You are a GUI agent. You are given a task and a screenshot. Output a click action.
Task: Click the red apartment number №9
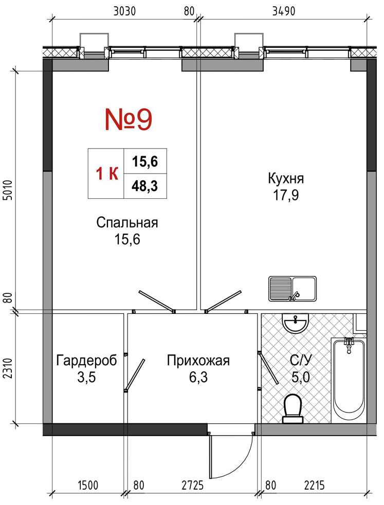point(128,119)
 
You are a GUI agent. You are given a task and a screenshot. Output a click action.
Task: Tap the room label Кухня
point(286,178)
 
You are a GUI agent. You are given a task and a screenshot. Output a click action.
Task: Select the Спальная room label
point(127,222)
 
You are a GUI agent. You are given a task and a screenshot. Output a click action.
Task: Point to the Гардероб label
point(87,361)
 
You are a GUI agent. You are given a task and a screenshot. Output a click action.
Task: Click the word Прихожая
point(198,361)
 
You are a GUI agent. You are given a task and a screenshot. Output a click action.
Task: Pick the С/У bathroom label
point(301,360)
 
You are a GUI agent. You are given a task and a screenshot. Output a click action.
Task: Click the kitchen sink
point(292,289)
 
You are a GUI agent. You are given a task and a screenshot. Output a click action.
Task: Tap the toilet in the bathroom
point(293,408)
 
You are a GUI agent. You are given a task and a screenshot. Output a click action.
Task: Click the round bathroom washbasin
point(295,323)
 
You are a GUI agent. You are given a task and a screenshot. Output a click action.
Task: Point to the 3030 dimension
point(125,11)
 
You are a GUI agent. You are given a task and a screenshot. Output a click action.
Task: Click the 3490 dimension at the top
point(283,11)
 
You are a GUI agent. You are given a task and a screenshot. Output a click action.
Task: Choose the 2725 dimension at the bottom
point(193,485)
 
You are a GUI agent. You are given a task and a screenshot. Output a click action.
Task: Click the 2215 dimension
point(314,485)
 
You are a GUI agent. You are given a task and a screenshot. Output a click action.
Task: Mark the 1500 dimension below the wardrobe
point(87,485)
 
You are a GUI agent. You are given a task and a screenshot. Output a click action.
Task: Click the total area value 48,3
point(144,186)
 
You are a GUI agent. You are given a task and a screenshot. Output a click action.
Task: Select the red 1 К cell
point(106,174)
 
